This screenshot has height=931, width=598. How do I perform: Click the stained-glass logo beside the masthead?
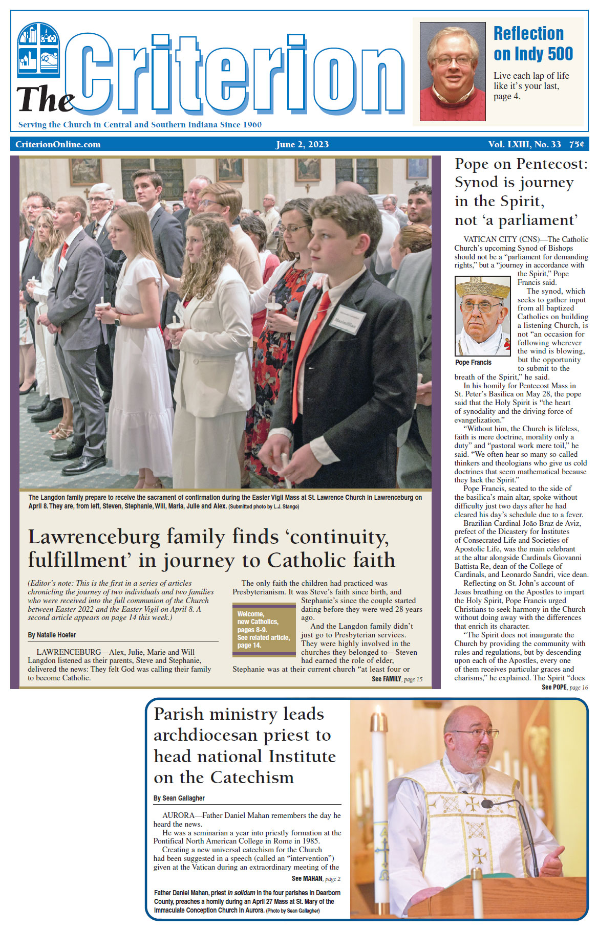coord(38,50)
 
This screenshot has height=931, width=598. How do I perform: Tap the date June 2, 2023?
coord(302,144)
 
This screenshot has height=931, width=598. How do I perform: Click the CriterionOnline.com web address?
coord(58,144)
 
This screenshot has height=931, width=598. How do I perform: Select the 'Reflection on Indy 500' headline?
coord(532,43)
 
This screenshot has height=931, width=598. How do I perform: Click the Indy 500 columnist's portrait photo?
coord(452,72)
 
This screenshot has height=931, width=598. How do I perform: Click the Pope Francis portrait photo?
coord(483,316)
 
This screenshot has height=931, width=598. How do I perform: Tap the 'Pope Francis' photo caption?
coord(473,362)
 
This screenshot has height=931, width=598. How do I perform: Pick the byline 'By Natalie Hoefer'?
coord(52,635)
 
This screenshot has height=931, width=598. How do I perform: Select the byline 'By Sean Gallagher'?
coord(179,798)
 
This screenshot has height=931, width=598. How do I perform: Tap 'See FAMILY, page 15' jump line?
coord(397,679)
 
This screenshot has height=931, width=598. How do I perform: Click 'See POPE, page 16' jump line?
coord(564,687)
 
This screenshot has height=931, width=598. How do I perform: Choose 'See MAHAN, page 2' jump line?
coord(316,878)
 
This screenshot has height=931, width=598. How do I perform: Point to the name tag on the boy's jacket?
coord(347,320)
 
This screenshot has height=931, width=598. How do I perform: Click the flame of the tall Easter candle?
coord(379,716)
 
